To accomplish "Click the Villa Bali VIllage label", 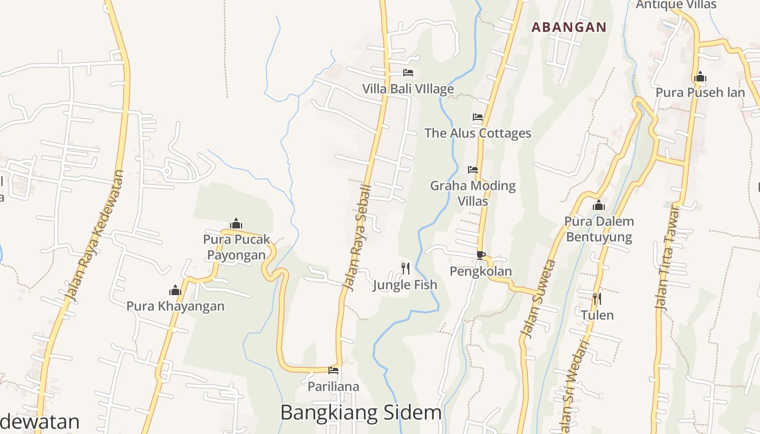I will coord(408,88).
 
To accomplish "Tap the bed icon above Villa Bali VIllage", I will coord(408,72).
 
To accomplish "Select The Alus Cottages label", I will coord(478,133).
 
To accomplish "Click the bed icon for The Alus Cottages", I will coord(478,117).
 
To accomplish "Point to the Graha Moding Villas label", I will coord(473,193).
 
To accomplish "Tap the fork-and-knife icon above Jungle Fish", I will coord(406,268).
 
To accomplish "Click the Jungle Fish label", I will coord(405,285).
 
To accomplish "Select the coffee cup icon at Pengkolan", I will coord(480,255).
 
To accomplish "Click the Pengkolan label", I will coord(481,271).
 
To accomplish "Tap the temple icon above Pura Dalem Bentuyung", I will coord(599,205).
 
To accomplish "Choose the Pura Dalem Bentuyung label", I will coord(599,229).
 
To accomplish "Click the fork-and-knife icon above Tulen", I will coord(597,299).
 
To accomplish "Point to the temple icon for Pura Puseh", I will coord(700,76).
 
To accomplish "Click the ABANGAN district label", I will coord(569,27).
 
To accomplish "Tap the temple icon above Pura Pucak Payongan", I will coord(236,223).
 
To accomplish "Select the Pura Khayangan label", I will coord(175,306).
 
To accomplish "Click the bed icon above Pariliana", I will coord(333,371).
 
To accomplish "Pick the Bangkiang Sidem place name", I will coord(361,413).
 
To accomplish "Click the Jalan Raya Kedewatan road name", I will coord(95,236).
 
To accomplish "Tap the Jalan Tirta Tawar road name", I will coord(667,258).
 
